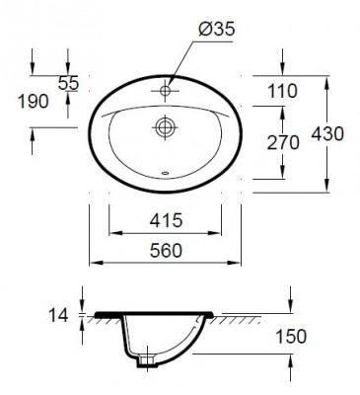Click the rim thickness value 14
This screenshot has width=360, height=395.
(x=58, y=316)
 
